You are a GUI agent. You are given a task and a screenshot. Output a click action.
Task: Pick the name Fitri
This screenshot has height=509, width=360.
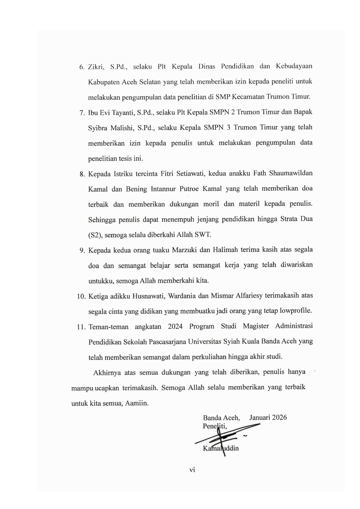[168, 174]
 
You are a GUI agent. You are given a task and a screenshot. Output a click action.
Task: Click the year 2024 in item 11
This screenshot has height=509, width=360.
[175, 326]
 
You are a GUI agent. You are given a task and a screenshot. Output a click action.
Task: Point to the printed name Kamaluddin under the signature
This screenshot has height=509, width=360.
[221, 448]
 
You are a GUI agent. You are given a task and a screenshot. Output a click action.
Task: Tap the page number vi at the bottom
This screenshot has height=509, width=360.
[192, 470]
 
